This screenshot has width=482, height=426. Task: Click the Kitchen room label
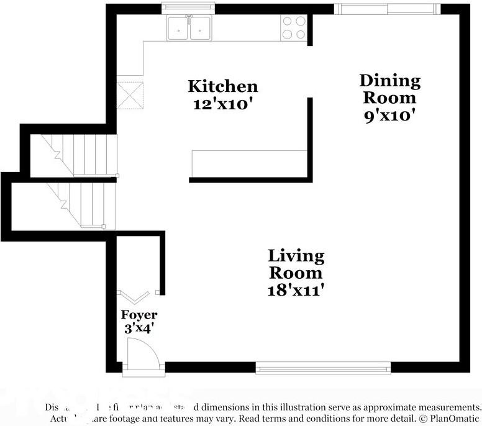pyautogui.click(x=222, y=86)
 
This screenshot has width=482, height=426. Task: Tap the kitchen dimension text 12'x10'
pyautogui.click(x=222, y=104)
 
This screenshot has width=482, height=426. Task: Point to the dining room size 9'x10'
pyautogui.click(x=389, y=115)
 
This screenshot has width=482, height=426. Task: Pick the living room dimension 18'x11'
pyautogui.click(x=296, y=290)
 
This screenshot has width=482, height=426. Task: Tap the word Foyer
pyautogui.click(x=139, y=315)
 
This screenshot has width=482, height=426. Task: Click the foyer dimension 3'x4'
pyautogui.click(x=139, y=329)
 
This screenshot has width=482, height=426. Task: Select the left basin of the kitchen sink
pyautogui.click(x=178, y=28)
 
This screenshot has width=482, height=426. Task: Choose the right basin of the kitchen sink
pyautogui.click(x=200, y=28)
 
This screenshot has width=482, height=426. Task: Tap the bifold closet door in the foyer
pyautogui.click(x=134, y=294)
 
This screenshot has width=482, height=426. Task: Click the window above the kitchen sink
pyautogui.click(x=188, y=7)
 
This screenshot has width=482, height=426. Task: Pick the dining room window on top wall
pyautogui.click(x=386, y=9)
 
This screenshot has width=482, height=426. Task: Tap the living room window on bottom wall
pyautogui.click(x=324, y=368)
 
